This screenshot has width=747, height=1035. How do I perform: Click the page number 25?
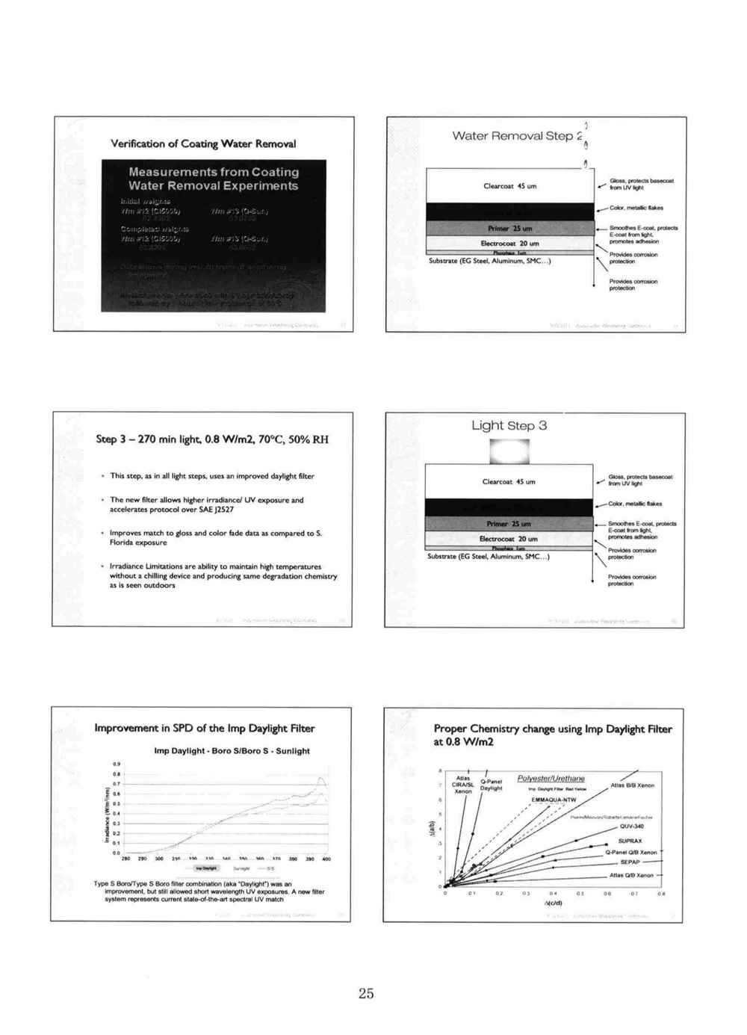pos(366,993)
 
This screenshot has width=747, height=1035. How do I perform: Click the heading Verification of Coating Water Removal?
pos(203,143)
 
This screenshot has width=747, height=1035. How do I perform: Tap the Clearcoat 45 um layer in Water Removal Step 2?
pos(509,186)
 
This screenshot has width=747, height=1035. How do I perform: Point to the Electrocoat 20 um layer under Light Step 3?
pos(508,539)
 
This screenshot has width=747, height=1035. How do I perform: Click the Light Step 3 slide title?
pos(509,426)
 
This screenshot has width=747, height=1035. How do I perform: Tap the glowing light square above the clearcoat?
pos(509,451)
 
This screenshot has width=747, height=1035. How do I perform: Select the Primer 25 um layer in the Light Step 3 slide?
pos(508,524)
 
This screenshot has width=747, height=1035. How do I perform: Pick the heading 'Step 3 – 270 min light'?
pos(212,439)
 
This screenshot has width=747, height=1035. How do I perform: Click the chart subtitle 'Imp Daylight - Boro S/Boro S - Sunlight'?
pos(232,751)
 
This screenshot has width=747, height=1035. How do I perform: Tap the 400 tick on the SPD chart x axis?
pos(326,859)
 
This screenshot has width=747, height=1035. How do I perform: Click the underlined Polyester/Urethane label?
pos(551,779)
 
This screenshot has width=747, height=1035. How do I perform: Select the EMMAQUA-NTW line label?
pos(554,800)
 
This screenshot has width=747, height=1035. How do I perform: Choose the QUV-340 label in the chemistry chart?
pos(631,827)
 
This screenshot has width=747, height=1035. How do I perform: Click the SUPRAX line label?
pos(630,841)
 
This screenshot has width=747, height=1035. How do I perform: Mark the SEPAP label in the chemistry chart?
pos(630,862)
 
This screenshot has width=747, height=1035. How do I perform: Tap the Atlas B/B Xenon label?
pos(632,785)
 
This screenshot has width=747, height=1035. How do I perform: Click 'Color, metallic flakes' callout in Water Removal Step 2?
pos(636,208)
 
